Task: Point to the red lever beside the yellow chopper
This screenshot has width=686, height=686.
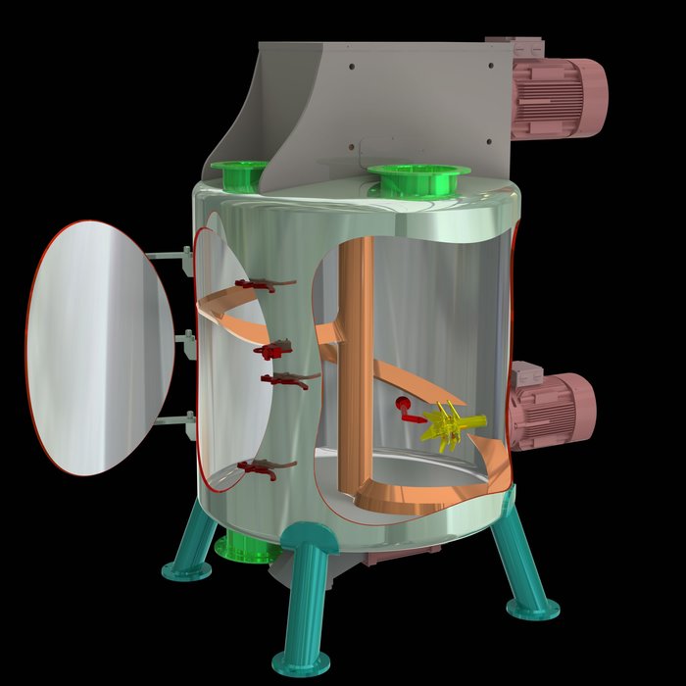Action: [x=404, y=411]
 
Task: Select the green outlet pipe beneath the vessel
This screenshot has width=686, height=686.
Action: [x=245, y=547]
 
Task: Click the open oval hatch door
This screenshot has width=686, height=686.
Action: [x=98, y=349]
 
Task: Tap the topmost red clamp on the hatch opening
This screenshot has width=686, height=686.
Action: [x=258, y=285]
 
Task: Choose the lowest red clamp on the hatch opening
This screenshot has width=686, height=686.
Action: [x=259, y=471]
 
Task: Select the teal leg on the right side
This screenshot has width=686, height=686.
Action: [x=519, y=559]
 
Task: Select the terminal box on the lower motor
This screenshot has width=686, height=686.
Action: [x=526, y=373]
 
